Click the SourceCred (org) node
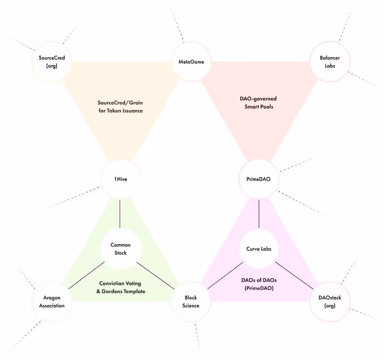[x=53, y=62]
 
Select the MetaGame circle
[x=191, y=62]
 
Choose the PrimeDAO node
[x=259, y=179]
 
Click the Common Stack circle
[x=120, y=249]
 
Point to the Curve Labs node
[x=259, y=249]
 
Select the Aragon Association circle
[x=53, y=301]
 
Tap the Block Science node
[x=191, y=301]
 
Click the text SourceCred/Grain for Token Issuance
[x=121, y=106]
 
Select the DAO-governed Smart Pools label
[x=259, y=102]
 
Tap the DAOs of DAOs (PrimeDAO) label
[x=259, y=284]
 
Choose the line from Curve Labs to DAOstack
[x=295, y=275]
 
